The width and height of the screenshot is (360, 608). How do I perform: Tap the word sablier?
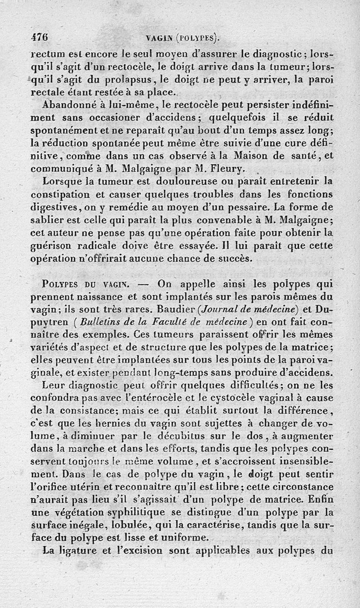click(x=46, y=221)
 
